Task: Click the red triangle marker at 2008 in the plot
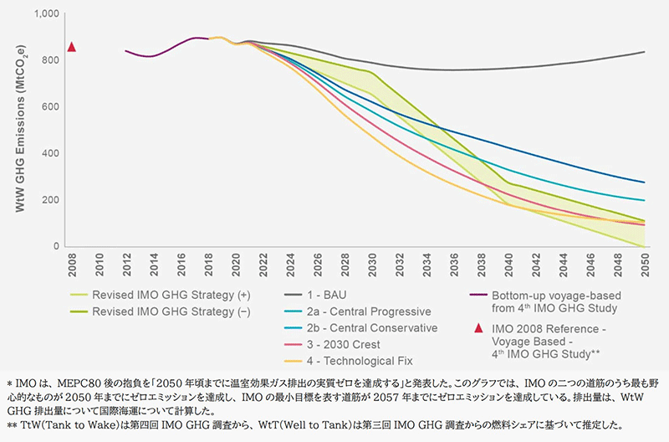[x=72, y=47]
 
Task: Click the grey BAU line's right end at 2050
[x=644, y=52]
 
